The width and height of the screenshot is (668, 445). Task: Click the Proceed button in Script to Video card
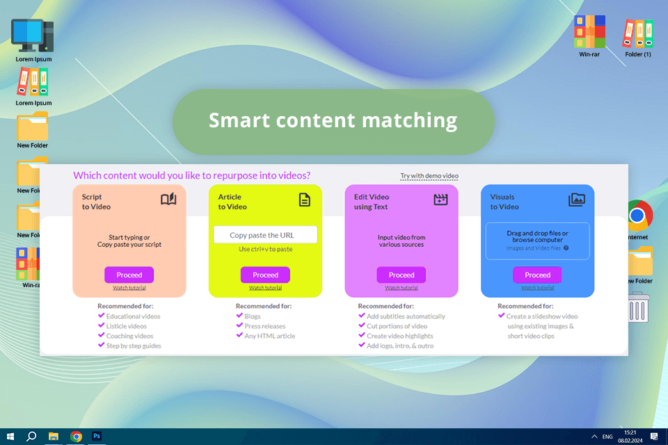click(x=129, y=275)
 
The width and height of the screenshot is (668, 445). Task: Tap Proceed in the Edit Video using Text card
click(x=401, y=275)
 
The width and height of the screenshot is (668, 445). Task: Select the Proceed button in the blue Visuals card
click(x=537, y=275)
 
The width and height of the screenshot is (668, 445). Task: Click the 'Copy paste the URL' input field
click(x=265, y=235)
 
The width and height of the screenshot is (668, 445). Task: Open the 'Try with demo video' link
click(x=429, y=176)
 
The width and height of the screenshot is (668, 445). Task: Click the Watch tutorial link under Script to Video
click(x=129, y=288)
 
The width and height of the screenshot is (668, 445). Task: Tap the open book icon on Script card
click(x=168, y=200)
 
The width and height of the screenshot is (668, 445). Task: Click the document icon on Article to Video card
click(x=304, y=200)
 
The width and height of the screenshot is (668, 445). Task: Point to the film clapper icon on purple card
click(x=440, y=200)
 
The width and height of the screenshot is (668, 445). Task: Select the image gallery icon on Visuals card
click(x=576, y=200)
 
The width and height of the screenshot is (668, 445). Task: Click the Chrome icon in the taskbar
click(x=76, y=436)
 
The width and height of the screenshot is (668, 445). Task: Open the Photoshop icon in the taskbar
click(x=97, y=436)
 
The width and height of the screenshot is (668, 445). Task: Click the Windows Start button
click(x=10, y=436)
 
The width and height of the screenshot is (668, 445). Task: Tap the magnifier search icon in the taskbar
click(x=31, y=436)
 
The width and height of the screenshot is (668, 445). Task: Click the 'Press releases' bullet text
click(x=264, y=325)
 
